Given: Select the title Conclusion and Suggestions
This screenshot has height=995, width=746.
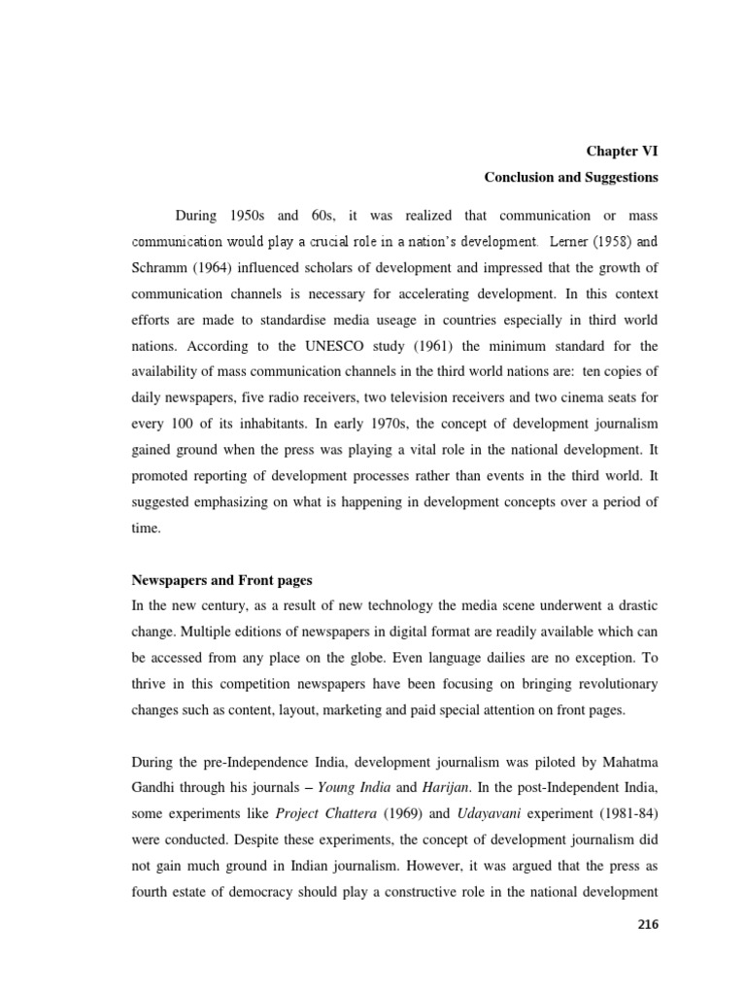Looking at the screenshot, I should pos(571,178).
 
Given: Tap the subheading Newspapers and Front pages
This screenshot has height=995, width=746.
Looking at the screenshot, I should pos(221,580).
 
